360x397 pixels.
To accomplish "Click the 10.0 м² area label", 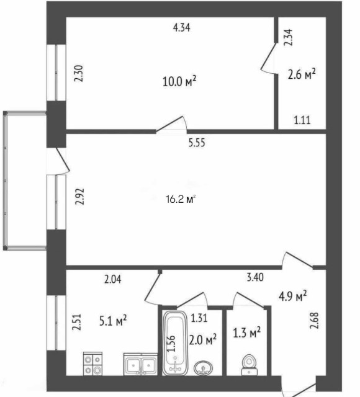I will (179, 81).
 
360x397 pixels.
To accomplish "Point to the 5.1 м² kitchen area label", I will (113, 320).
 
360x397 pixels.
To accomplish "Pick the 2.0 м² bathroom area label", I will (203, 339).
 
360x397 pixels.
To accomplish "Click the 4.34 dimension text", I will (181, 27).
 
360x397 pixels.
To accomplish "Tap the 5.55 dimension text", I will (197, 142).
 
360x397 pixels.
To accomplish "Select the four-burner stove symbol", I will (93, 364).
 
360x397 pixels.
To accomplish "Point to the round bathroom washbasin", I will (202, 367).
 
